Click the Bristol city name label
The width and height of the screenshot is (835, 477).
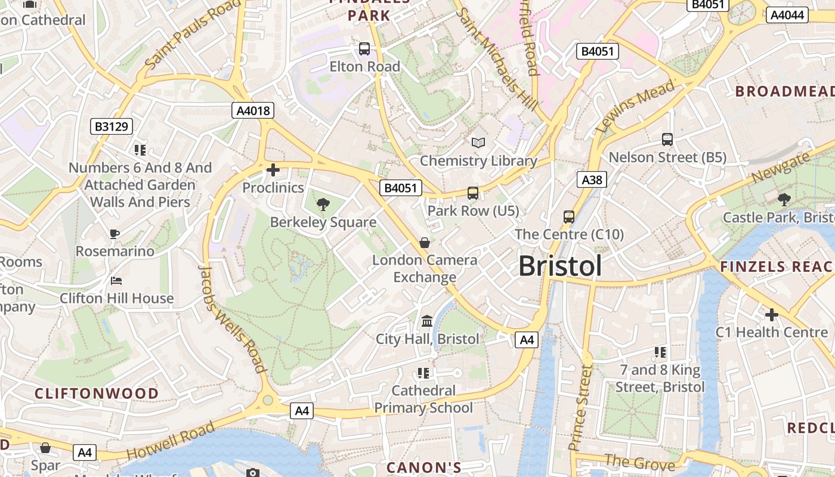(x=559, y=266)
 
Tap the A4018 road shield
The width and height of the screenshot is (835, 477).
(x=253, y=110)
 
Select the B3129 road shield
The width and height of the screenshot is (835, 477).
(x=112, y=126)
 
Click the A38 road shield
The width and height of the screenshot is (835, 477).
(x=592, y=179)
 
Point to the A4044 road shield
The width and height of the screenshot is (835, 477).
(x=787, y=16)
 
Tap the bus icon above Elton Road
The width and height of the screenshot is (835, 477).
(x=364, y=49)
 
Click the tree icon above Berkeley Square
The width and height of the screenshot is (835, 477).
(x=323, y=205)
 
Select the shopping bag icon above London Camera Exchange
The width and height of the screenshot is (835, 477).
(x=425, y=242)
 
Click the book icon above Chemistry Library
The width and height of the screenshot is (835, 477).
(x=478, y=143)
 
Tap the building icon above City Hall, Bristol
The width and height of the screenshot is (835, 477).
(x=427, y=321)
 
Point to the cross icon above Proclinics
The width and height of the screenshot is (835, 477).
(x=273, y=170)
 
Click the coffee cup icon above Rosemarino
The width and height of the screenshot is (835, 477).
(x=115, y=233)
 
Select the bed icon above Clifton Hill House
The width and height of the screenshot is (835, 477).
(x=117, y=280)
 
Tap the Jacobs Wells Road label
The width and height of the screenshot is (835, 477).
(x=232, y=319)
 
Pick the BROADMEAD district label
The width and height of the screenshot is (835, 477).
(x=784, y=91)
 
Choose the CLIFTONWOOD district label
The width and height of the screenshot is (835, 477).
(x=97, y=394)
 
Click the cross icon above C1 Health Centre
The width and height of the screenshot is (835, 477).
(x=772, y=314)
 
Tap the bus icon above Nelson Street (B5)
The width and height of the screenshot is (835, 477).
(x=667, y=140)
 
